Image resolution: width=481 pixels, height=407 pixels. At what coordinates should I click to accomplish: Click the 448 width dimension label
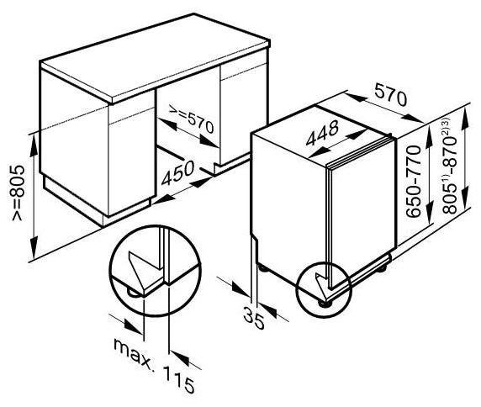(322, 133)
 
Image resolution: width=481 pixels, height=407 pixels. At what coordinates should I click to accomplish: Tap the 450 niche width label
(178, 173)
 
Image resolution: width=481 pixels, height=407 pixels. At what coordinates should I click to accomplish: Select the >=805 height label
(18, 193)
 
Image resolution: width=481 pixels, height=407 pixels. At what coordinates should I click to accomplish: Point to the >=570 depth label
(191, 119)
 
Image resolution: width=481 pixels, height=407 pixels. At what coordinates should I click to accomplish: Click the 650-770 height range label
(413, 182)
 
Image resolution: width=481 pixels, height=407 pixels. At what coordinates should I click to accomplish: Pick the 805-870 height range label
(449, 166)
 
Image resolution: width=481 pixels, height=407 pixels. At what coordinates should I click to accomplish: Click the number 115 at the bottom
(178, 379)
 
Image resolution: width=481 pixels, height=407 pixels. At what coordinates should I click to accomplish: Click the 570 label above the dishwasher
(390, 95)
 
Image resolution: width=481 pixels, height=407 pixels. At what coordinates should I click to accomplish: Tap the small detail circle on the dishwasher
(324, 289)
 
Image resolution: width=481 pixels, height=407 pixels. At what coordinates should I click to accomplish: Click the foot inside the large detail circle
(135, 293)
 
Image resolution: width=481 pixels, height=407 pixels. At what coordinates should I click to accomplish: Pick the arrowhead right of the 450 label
(201, 182)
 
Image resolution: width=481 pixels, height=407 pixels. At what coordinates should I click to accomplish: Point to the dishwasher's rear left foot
(262, 268)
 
